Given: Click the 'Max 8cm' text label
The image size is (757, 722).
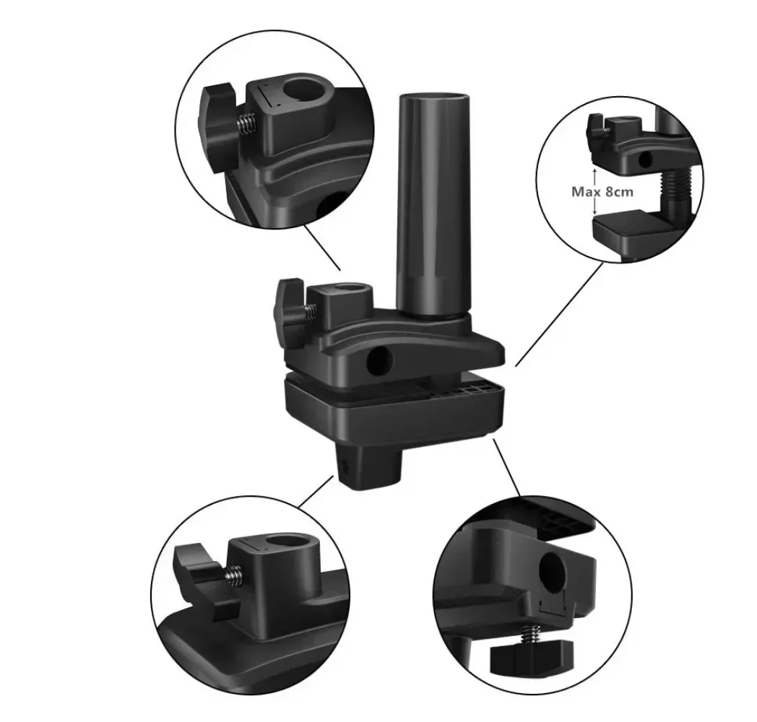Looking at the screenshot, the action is click(x=602, y=191).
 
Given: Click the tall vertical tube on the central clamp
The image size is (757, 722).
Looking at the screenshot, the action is click(x=433, y=203).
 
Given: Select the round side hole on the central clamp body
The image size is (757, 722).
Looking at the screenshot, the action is click(x=380, y=362).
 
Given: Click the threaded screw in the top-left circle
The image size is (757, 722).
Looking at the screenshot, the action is click(x=246, y=123).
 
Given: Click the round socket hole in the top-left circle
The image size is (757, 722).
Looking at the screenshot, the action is click(x=304, y=90).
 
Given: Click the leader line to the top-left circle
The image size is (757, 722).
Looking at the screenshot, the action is click(x=322, y=247).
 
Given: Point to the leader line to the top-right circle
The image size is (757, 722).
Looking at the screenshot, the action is click(x=560, y=314).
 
